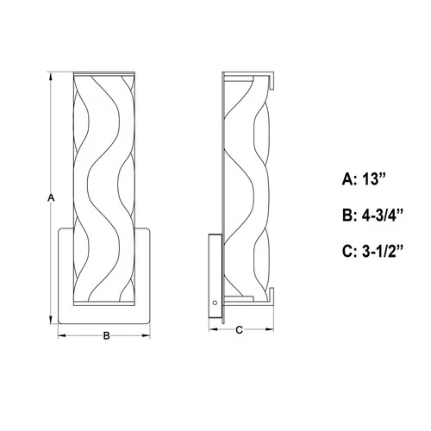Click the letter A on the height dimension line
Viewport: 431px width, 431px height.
(51, 198)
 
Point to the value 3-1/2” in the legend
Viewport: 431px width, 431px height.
(385, 252)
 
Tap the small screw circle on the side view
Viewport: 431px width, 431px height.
(215, 302)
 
